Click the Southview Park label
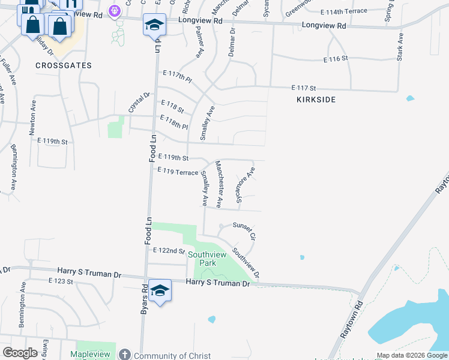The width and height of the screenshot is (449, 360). [x=202, y=259]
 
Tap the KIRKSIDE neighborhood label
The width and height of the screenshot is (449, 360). [x=315, y=99]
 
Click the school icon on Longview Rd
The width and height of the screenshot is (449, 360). [x=154, y=25]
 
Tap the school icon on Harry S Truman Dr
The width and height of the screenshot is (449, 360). [x=160, y=290]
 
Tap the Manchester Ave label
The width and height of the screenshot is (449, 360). [x=219, y=184]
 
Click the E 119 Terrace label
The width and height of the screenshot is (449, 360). [x=177, y=172]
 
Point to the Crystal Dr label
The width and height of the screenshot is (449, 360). [x=138, y=103]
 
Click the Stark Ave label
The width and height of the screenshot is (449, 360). [x=399, y=46]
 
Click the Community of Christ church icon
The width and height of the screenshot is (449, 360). [x=125, y=355]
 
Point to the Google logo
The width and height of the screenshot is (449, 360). [x=20, y=353]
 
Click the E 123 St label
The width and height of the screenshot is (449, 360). [x=60, y=281]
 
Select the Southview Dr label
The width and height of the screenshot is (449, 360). [x=246, y=263]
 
